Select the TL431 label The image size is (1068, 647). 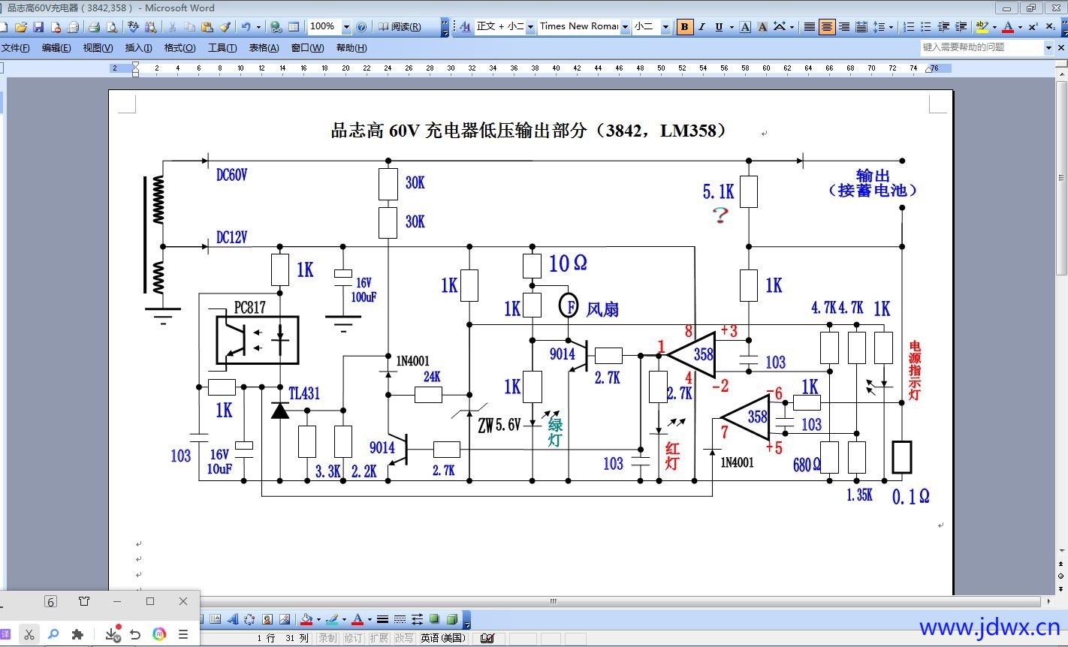coord(304,393)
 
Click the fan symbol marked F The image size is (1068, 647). coord(569,305)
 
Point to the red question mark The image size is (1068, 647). coord(720,215)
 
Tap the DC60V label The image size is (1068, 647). coord(232,175)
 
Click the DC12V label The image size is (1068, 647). coord(232,236)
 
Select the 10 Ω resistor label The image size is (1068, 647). coord(568,263)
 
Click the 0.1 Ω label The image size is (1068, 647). coord(911,496)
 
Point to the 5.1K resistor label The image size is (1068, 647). coord(719,191)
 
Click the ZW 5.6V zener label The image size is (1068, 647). coord(499,425)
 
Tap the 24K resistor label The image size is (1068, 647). coord(432,376)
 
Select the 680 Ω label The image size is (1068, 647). coord(807,465)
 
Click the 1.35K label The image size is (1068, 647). coord(860,495)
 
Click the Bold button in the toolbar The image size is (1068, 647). coord(684,27)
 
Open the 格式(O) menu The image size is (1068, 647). coord(180,47)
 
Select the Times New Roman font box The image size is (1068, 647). coord(579,27)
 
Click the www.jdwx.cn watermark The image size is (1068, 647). coord(990,627)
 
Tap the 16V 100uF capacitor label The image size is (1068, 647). coord(364,290)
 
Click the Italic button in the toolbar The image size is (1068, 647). coord(701,27)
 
